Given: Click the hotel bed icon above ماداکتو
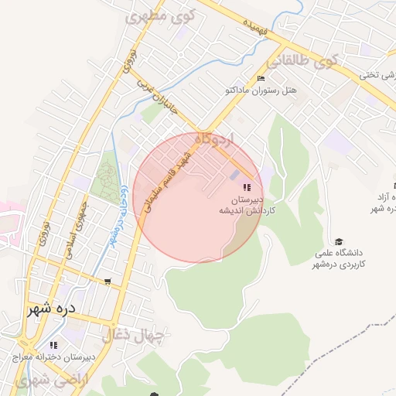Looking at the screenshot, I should click(x=260, y=79).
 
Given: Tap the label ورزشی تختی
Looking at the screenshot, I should click(x=378, y=75).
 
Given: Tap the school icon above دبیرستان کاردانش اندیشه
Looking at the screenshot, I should click(x=247, y=187).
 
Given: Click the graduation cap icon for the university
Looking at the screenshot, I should click(x=337, y=241).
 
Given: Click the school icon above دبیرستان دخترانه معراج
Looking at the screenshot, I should click(x=53, y=345).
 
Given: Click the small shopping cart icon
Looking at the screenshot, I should click(x=107, y=282).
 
